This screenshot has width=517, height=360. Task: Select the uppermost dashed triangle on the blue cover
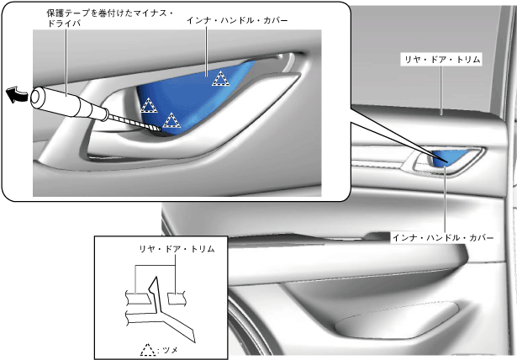tap(220, 79)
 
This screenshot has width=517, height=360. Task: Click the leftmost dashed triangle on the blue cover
tap(148, 105)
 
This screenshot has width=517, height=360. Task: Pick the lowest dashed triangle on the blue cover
tap(171, 119)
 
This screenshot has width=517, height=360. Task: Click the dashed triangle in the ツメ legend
tap(149, 348)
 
